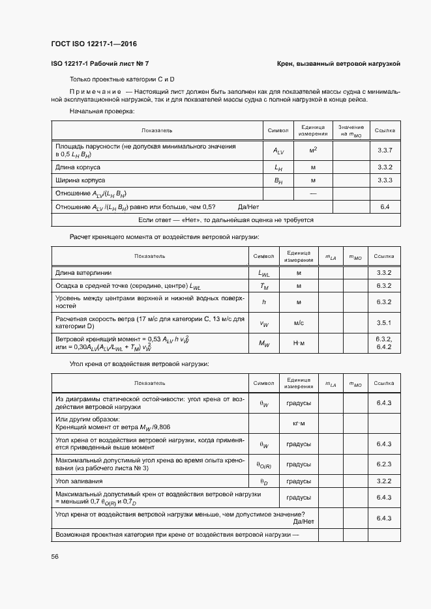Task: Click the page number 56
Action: tap(55, 556)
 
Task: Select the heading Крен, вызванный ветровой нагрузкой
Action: tap(338, 64)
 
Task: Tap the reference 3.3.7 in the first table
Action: tap(384, 150)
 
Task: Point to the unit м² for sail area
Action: tap(313, 150)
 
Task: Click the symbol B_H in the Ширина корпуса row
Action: tap(278, 180)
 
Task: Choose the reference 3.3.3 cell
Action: tap(384, 180)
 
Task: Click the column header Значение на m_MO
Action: tap(351, 130)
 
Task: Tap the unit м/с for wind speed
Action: tap(299, 322)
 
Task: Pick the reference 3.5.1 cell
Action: tap(383, 322)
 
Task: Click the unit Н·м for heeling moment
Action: tap(299, 343)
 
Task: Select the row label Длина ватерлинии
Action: tap(82, 272)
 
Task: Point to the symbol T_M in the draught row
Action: tap(264, 286)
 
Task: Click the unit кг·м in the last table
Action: tap(299, 423)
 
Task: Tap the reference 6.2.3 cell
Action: tap(383, 464)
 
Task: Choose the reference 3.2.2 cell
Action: tap(383, 481)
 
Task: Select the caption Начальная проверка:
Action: tap(101, 111)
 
